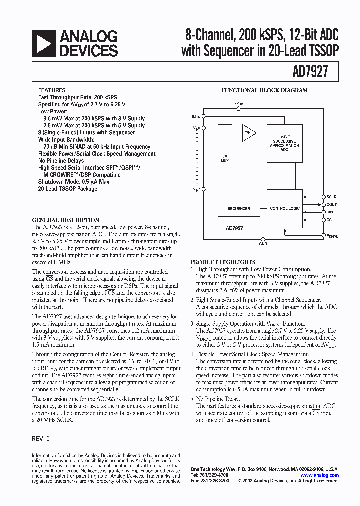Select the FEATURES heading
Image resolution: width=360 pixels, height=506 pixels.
pos(52,91)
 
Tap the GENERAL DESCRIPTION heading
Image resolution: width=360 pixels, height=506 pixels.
pos(65,220)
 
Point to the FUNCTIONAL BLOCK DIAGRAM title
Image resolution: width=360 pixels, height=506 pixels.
pos(264,91)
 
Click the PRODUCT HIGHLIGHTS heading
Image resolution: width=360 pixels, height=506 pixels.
pos(223,262)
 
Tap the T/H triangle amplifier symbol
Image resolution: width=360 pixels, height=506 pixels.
pos(248,133)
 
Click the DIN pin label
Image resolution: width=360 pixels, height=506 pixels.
pos(329,212)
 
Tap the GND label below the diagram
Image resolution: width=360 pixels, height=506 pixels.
pos(263,244)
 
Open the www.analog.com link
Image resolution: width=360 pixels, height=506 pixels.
pos(320,475)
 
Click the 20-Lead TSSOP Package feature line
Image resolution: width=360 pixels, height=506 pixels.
pos(68,189)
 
